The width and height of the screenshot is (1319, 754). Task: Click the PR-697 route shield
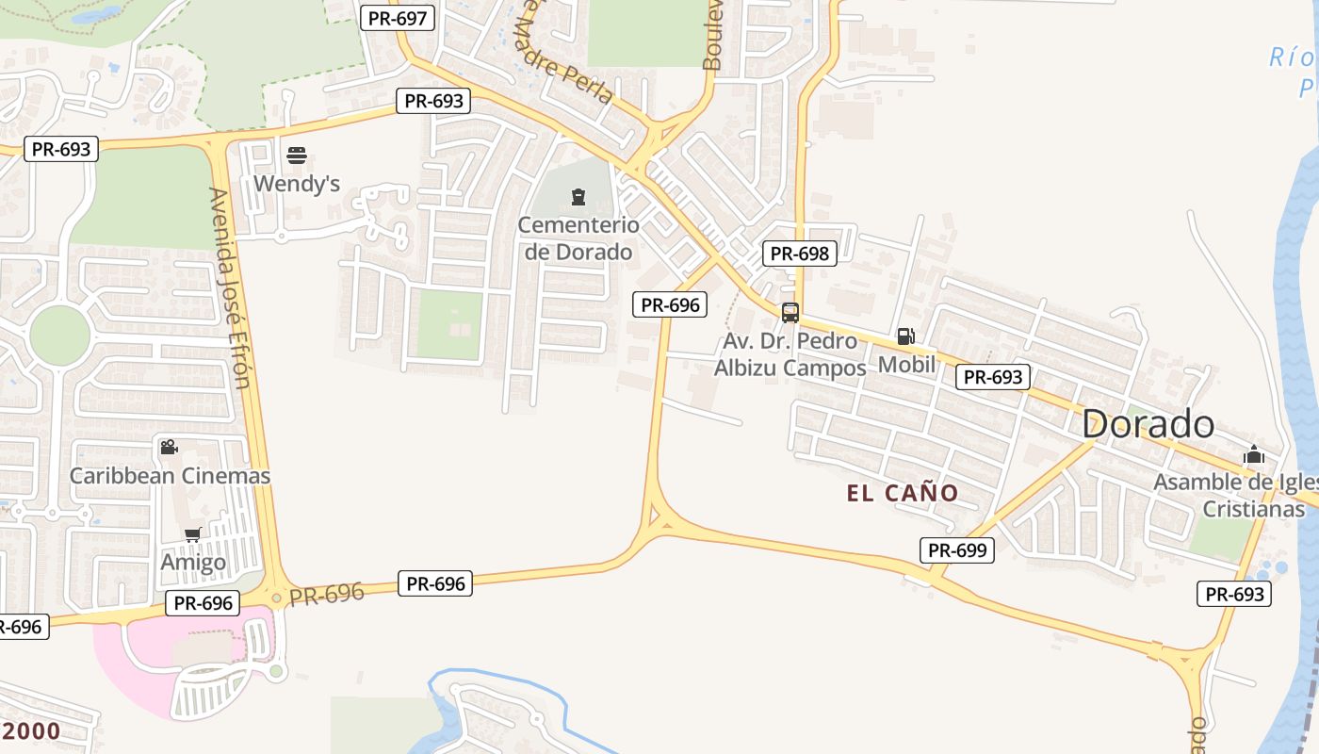[x=397, y=18]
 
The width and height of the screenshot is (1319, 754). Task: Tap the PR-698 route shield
[x=799, y=253]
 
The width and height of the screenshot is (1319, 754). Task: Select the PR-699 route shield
[x=956, y=550]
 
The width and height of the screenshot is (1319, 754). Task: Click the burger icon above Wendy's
[x=297, y=156]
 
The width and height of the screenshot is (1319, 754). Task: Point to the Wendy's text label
[x=297, y=183]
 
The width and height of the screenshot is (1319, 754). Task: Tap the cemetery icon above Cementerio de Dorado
[x=578, y=197]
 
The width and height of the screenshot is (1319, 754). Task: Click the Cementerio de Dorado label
[x=578, y=238]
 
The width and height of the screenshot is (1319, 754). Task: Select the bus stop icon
[x=790, y=313]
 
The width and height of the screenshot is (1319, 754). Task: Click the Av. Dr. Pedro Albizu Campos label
[x=790, y=354]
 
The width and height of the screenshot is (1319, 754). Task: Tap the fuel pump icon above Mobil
[x=905, y=336]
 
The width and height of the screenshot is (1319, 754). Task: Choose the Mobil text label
[x=906, y=364]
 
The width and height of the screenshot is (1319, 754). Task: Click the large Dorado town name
[x=1148, y=424]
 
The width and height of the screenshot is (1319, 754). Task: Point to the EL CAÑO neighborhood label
[x=902, y=493]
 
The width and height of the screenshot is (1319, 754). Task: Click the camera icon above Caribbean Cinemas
[x=169, y=447]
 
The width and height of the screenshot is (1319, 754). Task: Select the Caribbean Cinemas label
[x=170, y=476]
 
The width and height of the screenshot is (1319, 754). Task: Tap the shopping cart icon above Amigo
[x=192, y=535]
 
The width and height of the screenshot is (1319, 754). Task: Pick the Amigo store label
[x=193, y=563]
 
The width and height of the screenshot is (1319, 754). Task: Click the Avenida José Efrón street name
[x=232, y=287]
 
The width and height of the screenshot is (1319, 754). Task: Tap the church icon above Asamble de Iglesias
[x=1253, y=454]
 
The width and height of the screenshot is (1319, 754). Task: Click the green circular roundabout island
[x=59, y=335]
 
